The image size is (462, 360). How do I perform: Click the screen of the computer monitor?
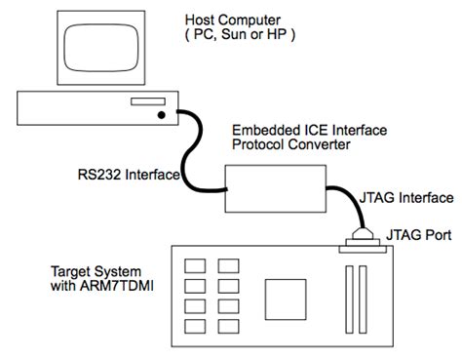click(96, 45)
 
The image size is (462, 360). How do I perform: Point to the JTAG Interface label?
click(408, 197)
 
